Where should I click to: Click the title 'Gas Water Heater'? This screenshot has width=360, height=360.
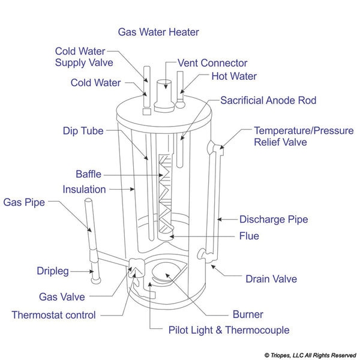pos(158,32)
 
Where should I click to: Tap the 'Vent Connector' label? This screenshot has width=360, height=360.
pos(212,63)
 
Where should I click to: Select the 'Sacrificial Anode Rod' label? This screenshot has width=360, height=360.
pos(268,100)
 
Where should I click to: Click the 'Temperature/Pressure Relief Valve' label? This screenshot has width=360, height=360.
pos(304,136)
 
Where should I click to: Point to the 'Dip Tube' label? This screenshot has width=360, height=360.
pos(83,130)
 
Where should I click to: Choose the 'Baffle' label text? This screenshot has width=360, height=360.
pos(88,175)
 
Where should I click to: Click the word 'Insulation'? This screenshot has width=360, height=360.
pos(84,190)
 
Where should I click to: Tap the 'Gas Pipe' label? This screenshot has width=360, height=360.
pos(24,202)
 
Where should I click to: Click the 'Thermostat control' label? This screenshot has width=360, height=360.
pos(53,314)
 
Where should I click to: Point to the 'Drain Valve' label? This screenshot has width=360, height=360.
pos(271,279)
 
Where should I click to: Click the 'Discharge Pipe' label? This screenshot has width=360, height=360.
pos(274,220)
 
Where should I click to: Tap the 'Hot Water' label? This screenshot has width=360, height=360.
pos(234,76)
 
